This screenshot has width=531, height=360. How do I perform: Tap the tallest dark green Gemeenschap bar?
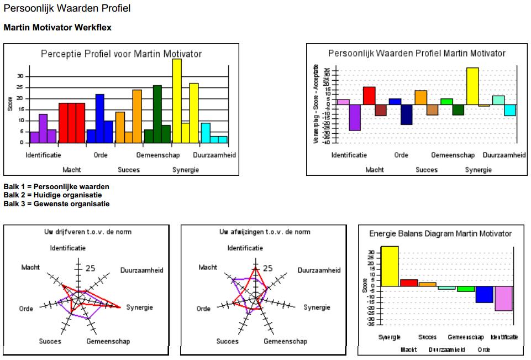pyautogui.click(x=157, y=114)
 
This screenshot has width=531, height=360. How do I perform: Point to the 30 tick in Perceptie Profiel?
pyautogui.click(x=21, y=76)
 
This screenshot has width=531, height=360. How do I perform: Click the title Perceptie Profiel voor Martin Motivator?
pyautogui.click(x=122, y=54)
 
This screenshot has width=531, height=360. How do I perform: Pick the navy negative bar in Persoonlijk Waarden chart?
pyautogui.click(x=407, y=114)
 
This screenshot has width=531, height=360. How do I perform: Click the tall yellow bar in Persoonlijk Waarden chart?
pyautogui.click(x=472, y=86)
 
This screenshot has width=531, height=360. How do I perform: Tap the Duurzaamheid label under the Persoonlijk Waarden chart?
pyautogui.click(x=504, y=155)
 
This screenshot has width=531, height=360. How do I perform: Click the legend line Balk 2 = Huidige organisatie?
pyautogui.click(x=52, y=195)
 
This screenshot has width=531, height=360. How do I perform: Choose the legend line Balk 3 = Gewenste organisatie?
pyautogui.click(x=56, y=204)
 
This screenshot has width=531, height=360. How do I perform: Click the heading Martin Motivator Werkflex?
pyautogui.click(x=58, y=27)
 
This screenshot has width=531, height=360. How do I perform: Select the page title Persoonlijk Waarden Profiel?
pyautogui.click(x=67, y=9)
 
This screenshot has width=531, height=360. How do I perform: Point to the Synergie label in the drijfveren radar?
pyautogui.click(x=139, y=307)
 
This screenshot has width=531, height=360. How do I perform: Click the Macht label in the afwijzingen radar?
pyautogui.click(x=208, y=268)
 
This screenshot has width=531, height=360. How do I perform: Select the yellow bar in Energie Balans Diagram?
pyautogui.click(x=390, y=266)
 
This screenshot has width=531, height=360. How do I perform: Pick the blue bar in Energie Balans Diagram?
pyautogui.click(x=484, y=294)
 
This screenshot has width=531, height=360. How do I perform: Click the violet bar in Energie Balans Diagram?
pyautogui.click(x=503, y=298)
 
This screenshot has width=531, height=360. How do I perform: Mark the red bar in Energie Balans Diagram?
pyautogui.click(x=409, y=283)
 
